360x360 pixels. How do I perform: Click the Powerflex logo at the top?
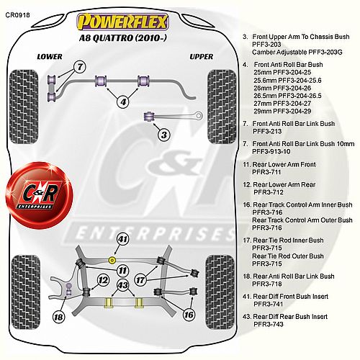pos(122,22)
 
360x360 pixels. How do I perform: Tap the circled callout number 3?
pos(164,135)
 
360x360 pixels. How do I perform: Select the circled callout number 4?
pos(123,102)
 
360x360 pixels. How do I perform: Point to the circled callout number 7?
pos(80,67)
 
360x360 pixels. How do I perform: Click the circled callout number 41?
pos(122,239)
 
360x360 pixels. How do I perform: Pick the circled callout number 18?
pos(58,318)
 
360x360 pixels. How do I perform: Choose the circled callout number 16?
pos(189,315)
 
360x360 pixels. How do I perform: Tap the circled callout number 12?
pos(103,280)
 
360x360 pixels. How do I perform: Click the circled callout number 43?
pos(122,285)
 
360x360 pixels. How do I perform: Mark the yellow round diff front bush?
pos(112,260)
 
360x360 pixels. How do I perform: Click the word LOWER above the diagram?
pos(50,57)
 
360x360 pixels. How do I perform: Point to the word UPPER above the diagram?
pos(202,57)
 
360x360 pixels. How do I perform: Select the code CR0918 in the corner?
pos(18,15)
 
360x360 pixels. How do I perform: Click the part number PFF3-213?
pos(267,131)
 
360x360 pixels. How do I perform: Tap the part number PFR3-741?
pos(269,304)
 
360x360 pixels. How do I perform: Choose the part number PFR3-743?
pos(269,324)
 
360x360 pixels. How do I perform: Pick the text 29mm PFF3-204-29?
pos(282,111)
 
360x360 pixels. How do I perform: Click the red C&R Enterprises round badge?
pos(39,195)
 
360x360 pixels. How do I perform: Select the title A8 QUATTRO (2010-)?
pos(122,38)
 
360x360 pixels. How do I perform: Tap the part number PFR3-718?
pos(267,284)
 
